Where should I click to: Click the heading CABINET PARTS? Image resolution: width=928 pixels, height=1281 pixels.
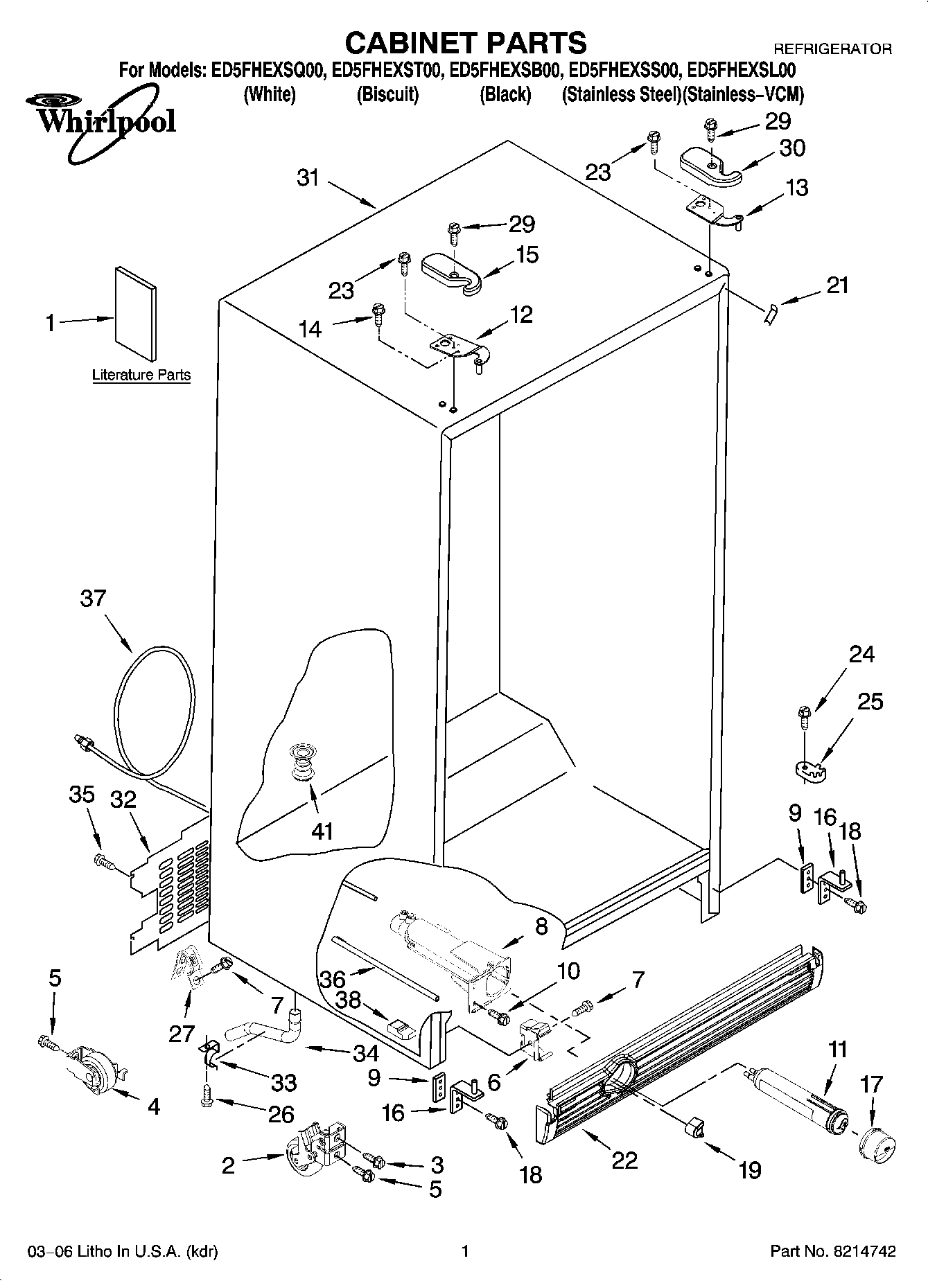tap(465, 43)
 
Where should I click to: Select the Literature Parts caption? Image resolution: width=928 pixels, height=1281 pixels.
tap(141, 375)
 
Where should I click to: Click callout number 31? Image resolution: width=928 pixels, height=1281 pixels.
tap(308, 178)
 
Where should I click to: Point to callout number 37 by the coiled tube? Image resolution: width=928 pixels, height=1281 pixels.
tap(93, 598)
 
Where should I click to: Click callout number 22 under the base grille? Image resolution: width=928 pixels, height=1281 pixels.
tap(624, 1160)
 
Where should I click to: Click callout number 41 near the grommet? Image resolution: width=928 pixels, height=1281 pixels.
tap(323, 831)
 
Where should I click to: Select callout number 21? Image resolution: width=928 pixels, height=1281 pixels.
tap(837, 285)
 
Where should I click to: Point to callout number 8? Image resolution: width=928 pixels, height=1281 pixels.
tap(541, 926)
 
